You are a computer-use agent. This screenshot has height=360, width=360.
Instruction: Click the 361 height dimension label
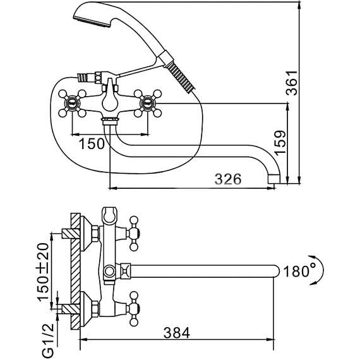point(292,83)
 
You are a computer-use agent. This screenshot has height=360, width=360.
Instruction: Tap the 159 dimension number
point(280,143)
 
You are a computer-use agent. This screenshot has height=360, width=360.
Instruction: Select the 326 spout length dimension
point(228,179)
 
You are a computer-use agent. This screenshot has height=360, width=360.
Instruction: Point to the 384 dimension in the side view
point(177,333)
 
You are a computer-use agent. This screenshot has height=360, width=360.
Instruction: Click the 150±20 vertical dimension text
point(43,272)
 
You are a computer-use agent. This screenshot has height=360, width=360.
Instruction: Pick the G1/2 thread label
point(48,340)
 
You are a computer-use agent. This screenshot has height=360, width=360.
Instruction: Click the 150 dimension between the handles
point(92,144)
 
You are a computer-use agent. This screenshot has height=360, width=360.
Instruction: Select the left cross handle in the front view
point(72,104)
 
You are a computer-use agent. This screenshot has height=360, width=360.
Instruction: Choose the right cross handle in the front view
point(148,104)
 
